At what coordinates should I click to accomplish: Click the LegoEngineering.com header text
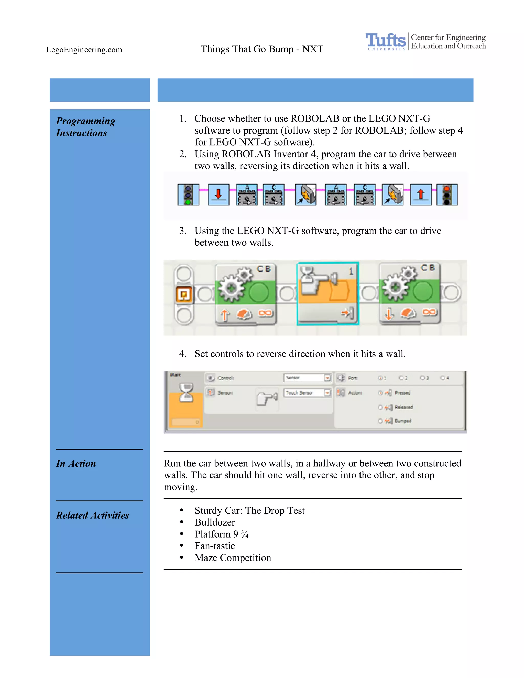pyautogui.click(x=84, y=50)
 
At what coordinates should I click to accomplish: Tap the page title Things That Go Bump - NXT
pyautogui.click(x=262, y=49)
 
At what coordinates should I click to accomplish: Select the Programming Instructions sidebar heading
pyautogui.click(x=85, y=127)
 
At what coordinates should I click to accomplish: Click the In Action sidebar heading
pyautogui.click(x=76, y=464)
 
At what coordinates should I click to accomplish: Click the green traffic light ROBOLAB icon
pyautogui.click(x=188, y=195)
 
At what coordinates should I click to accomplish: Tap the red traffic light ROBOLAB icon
pyautogui.click(x=447, y=195)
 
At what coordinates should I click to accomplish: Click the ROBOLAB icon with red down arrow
pyautogui.click(x=219, y=195)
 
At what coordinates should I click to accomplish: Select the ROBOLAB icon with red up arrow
pyautogui.click(x=421, y=195)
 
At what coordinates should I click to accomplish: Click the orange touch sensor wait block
pyautogui.click(x=328, y=293)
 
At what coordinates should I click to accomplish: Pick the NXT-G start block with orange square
pyautogui.click(x=184, y=294)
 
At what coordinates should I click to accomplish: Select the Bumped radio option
pyautogui.click(x=380, y=421)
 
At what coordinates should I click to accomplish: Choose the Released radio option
pyautogui.click(x=380, y=407)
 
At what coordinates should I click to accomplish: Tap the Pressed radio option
pyautogui.click(x=380, y=393)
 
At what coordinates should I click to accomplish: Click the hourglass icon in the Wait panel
pyautogui.click(x=186, y=393)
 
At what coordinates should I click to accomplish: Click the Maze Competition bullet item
pyautogui.click(x=233, y=558)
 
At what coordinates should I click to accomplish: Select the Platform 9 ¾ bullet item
pyautogui.click(x=221, y=534)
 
